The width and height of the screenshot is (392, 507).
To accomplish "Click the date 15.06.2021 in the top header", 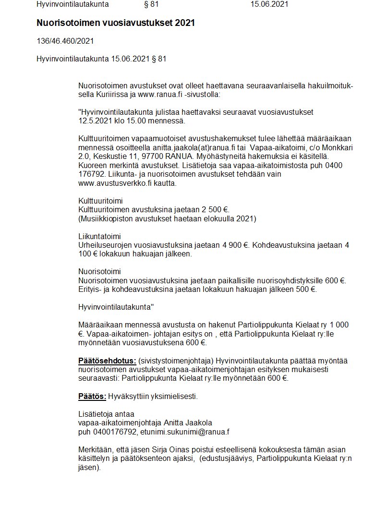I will [269, 4].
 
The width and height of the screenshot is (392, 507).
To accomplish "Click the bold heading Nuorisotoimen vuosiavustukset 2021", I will [116, 23].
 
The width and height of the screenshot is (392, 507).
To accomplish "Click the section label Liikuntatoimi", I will [99, 236].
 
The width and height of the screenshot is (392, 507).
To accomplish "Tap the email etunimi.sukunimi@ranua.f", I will [185, 432].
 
